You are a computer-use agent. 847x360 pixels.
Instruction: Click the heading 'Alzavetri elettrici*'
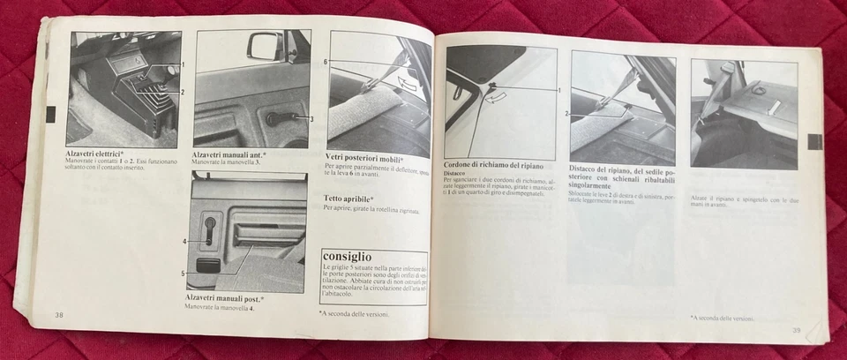94,153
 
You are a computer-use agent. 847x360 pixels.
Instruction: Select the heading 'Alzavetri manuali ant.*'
229,155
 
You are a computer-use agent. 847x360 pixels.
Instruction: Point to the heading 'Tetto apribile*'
349,199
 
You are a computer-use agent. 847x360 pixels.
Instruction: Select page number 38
59,315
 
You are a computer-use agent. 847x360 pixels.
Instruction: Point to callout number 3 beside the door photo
311,117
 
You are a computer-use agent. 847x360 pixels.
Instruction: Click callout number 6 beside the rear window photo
325,62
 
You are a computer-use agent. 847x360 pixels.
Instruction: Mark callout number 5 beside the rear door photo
184,274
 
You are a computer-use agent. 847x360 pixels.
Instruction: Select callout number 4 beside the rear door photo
185,241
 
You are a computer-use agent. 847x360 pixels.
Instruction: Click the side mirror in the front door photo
266,45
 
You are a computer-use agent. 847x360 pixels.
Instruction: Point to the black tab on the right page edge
814,141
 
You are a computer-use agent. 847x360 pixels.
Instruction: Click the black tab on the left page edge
50,114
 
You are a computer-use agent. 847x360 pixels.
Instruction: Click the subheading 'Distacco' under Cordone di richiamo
455,174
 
